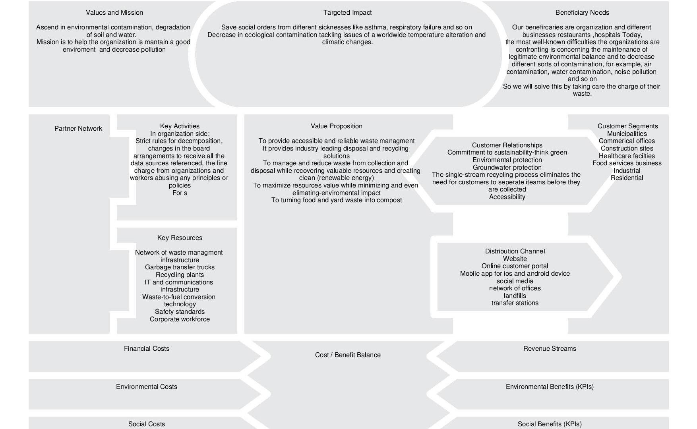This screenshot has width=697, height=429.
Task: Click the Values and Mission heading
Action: [114, 13]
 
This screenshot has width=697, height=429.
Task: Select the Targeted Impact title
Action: [347, 13]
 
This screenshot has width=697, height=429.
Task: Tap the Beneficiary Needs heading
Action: [582, 13]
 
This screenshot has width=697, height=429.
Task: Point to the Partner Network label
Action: [78, 129]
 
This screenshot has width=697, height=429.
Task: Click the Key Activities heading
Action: [180, 126]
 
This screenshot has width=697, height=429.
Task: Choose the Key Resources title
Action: [180, 238]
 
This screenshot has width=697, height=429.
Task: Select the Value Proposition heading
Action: [337, 126]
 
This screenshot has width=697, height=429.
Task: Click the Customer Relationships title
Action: [507, 145]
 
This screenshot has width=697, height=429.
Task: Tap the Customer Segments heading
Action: [627, 126]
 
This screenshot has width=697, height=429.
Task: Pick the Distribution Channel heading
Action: [515, 251]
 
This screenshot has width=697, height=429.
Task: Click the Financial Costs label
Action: [147, 349]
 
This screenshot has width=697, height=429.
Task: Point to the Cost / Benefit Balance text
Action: [348, 355]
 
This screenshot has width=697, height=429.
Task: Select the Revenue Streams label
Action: [550, 349]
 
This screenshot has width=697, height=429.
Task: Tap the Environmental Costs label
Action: [147, 387]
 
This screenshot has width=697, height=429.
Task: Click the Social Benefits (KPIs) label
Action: [550, 424]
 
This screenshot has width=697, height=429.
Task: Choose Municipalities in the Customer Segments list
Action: [627, 134]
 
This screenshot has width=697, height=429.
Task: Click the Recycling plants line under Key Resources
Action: [180, 275]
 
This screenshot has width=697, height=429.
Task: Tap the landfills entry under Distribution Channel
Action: [515, 296]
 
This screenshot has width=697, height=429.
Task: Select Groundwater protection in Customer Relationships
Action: [507, 168]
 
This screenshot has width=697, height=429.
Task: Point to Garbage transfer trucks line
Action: [180, 267]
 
